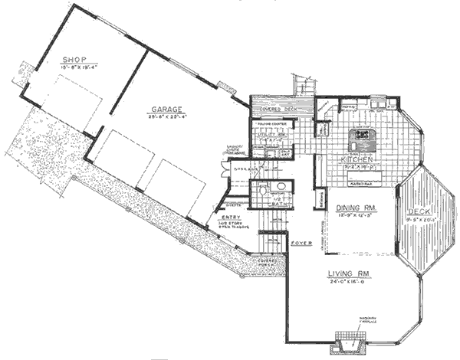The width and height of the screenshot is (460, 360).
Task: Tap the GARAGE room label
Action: [x=166, y=110]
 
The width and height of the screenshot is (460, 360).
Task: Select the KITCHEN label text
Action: [x=357, y=160]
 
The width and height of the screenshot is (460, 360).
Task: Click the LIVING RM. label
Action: [x=350, y=273]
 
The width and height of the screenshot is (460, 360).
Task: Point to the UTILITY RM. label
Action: [x=272, y=135]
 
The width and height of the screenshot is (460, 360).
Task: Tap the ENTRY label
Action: [x=230, y=218]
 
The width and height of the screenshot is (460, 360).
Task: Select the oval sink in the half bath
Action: [x=280, y=186]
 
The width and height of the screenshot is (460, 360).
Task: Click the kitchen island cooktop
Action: [x=360, y=139]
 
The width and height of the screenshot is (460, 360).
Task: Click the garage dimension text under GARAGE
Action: [x=166, y=119]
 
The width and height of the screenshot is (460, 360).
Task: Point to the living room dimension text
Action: [x=350, y=281]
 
